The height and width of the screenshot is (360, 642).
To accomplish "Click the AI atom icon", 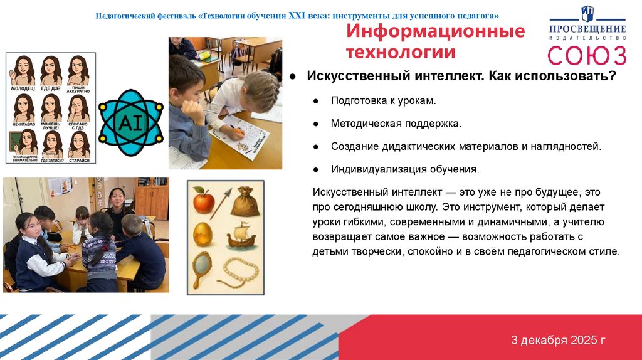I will pos(131,122).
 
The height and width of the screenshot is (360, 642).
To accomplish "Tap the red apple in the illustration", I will pos(203,203).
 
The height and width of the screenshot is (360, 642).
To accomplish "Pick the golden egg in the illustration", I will pos(203,234).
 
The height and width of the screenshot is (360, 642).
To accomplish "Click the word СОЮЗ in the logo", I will pos(587,55).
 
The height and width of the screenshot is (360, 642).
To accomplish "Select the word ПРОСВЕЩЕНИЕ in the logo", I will pos(587,29).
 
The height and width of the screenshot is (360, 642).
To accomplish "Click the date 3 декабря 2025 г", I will pos(558,341).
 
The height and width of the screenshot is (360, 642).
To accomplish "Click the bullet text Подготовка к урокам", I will pos(383,101).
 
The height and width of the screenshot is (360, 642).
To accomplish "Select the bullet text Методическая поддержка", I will pos(396,124).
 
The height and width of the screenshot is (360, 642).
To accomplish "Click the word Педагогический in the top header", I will pos(125,14).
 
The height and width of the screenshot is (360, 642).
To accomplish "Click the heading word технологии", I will pos(401,53).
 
